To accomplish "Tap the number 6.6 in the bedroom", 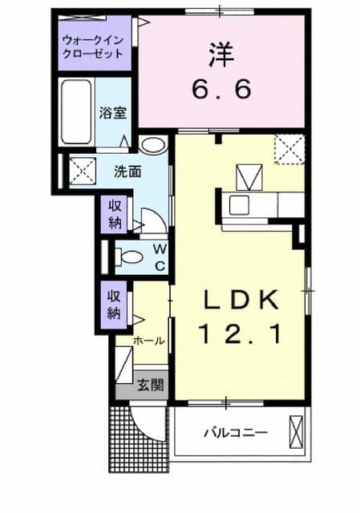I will coord(222,87).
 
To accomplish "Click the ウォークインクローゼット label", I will coord(93,46).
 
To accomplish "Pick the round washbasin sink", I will coord(152,146).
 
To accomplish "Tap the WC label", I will coord(159,256).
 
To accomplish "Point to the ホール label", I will coord(149,341).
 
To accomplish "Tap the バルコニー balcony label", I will coord(235,434).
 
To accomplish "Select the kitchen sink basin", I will coord(241,204).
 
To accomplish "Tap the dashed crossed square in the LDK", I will coord(288,149).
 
